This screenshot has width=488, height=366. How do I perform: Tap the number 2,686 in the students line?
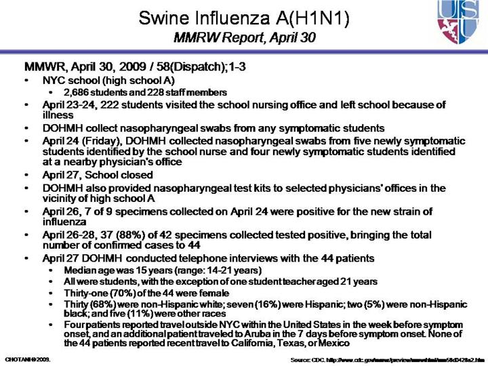pyautogui.click(x=77, y=92)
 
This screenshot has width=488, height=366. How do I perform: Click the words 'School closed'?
pyautogui.click(x=121, y=175)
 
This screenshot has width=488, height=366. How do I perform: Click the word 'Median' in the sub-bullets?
pyautogui.click(x=77, y=270)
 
